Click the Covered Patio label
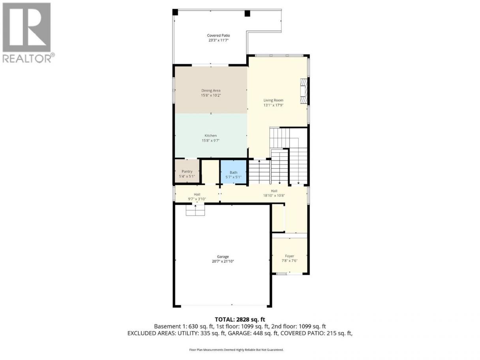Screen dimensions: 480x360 (218, 36)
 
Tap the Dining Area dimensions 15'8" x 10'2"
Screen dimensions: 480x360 (211, 95)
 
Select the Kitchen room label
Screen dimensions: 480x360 (210, 135)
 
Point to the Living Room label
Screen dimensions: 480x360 (273, 100)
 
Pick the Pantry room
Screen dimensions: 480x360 (187, 171)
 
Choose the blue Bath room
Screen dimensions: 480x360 (233, 172)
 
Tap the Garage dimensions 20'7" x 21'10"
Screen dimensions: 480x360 (223, 261)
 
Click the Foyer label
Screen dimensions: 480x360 (289, 256)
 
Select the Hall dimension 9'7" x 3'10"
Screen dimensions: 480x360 (197, 199)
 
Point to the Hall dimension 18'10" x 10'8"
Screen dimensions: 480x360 (274, 196)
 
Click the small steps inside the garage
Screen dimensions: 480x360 (195, 210)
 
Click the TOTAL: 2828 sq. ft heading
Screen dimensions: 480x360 (240, 320)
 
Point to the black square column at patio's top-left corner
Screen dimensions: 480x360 (175, 12)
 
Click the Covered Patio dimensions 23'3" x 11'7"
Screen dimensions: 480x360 (218, 40)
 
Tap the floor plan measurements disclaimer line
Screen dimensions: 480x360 (236, 350)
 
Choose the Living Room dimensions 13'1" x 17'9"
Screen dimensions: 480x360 (273, 105)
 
